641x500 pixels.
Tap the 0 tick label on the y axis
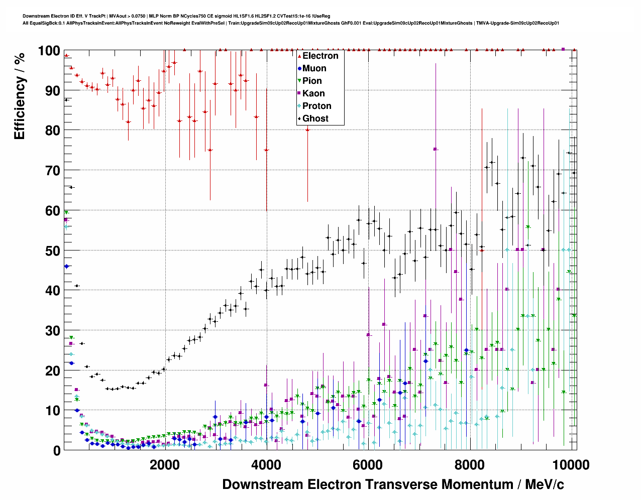57,451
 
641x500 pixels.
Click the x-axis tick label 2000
164,465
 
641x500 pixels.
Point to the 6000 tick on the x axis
368,465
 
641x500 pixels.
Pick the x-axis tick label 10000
570,465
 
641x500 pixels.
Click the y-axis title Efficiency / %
20,95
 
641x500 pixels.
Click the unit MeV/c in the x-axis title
545,484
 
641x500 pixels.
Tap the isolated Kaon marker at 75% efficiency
435,149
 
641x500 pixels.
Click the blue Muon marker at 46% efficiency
66,266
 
